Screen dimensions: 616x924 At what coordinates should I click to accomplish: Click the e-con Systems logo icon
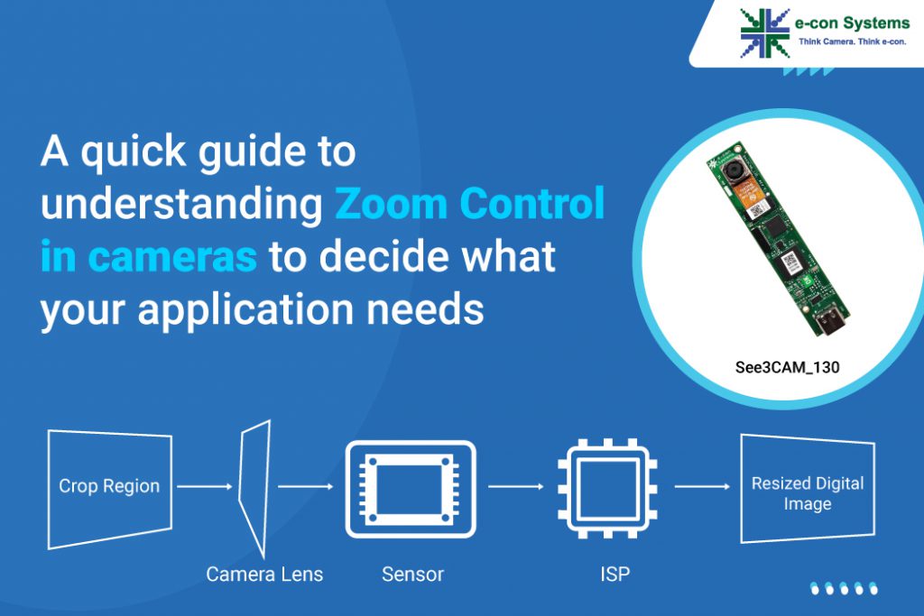[764, 32]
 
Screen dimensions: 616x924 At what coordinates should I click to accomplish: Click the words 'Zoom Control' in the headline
[469, 206]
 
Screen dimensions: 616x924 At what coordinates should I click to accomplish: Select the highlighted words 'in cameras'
[149, 258]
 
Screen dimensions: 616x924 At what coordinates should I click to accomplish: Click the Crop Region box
[109, 487]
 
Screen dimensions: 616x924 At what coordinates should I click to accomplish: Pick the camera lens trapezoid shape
[254, 487]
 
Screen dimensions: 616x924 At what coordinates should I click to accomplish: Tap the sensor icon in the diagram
[410, 489]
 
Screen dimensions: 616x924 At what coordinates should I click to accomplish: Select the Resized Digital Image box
[807, 492]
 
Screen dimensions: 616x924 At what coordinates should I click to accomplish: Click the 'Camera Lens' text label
[264, 574]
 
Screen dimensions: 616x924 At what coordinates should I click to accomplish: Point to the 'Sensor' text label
[412, 574]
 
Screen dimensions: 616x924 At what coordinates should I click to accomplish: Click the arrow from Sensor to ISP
[514, 487]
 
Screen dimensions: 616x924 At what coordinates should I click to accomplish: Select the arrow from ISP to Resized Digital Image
[702, 487]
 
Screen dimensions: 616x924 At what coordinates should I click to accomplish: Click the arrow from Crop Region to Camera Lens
[206, 487]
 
